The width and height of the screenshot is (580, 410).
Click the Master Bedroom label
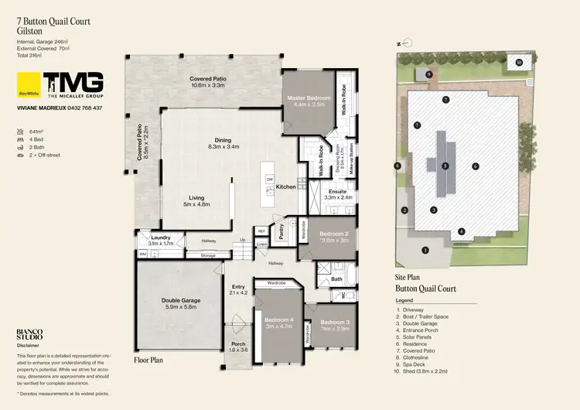pos(309,99)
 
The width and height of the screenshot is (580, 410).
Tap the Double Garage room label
pos(180,301)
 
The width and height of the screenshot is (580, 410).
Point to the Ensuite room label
pos(337,190)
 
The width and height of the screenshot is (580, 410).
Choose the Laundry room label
pos(161,237)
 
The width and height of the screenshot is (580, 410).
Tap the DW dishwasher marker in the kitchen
pos(269,179)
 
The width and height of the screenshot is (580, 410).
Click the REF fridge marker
pos(261,231)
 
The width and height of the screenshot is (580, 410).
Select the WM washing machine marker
pos(143,253)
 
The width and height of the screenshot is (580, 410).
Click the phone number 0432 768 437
pos(81,108)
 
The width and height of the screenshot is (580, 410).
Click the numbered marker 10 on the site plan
pos(519,62)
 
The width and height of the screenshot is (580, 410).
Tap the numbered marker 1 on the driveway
pos(425,249)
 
